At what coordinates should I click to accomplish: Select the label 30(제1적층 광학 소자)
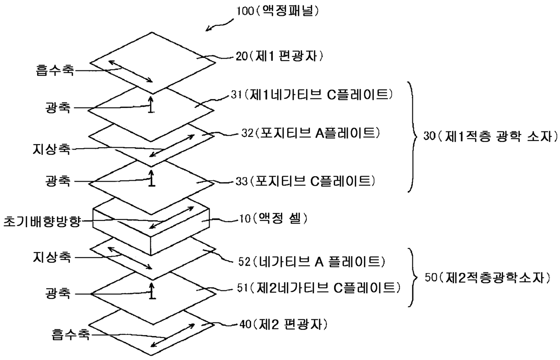[x=490, y=136]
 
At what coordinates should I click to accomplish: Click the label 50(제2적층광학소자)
[x=488, y=278]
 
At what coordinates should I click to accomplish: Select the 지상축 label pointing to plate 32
[x=51, y=150]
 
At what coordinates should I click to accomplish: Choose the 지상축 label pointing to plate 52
[x=51, y=258]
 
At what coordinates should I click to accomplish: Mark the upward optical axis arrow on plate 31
[x=152, y=103]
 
